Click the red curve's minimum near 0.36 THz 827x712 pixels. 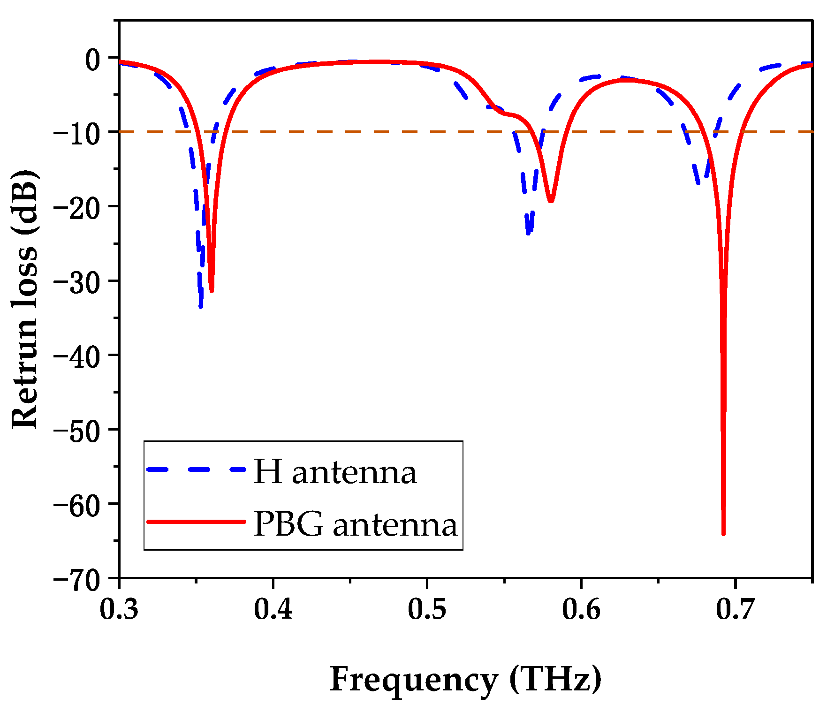(x=212, y=290)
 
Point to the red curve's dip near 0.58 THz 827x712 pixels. (x=551, y=201)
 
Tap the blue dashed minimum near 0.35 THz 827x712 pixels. (x=201, y=306)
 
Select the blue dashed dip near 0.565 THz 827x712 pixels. (x=528, y=232)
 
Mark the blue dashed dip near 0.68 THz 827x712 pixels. (x=699, y=183)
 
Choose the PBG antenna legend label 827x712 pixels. (x=355, y=524)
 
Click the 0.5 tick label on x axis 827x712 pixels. (x=427, y=609)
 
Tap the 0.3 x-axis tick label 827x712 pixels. (x=119, y=609)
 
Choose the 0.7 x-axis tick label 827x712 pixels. (x=735, y=609)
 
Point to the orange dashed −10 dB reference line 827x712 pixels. (x=375, y=132)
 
